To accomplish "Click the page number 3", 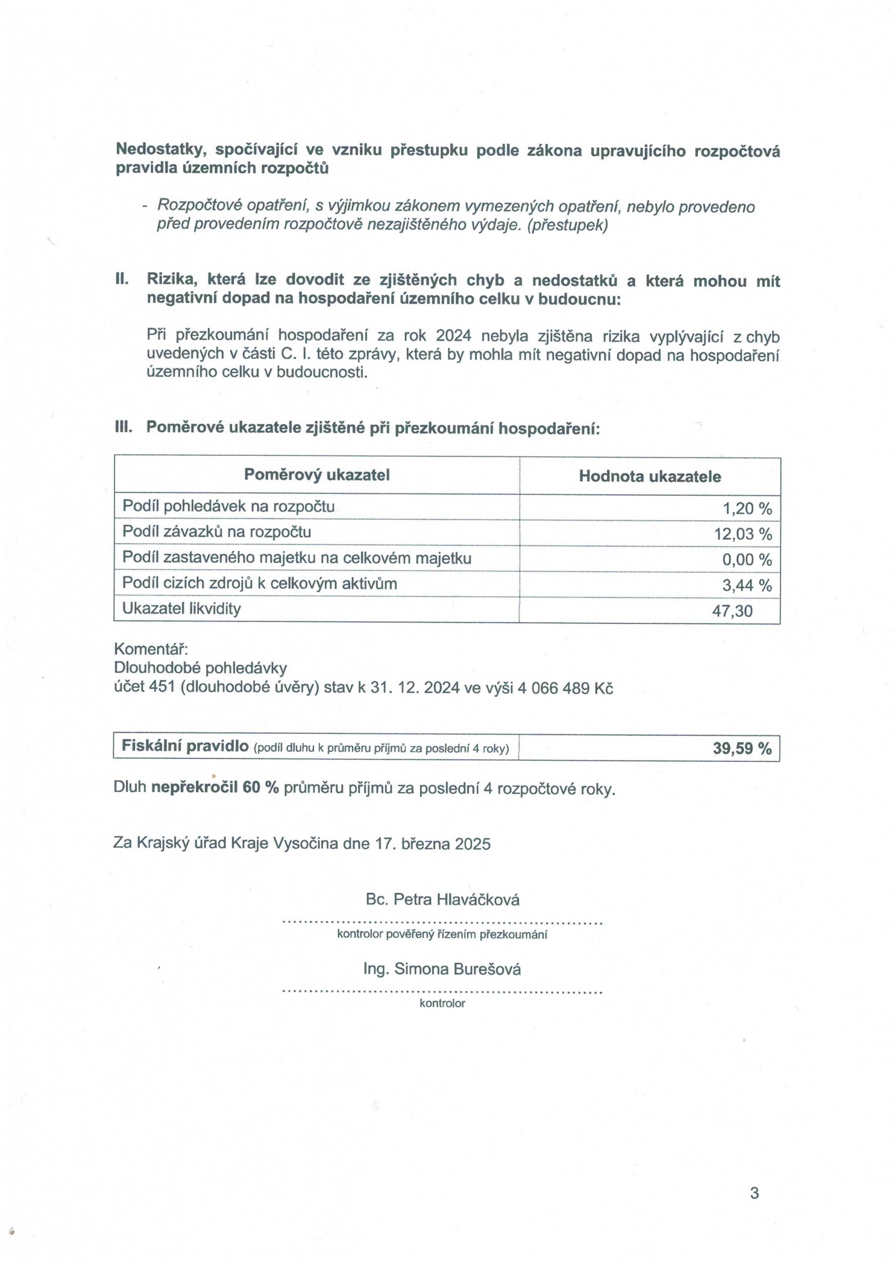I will point(754,1192).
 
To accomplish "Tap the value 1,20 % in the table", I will point(747,508).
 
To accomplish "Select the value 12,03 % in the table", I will point(743,534).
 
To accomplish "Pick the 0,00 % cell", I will point(747,559).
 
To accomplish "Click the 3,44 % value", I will point(747,585).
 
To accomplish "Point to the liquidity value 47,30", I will point(732,611).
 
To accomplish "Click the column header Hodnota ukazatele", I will point(650,476).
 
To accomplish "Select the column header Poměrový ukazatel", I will point(316,475).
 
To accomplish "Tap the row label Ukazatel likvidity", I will point(181,609).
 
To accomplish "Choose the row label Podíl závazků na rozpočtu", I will point(217,532).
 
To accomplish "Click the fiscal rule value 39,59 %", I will point(742,748).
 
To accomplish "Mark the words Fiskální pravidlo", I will point(185,746).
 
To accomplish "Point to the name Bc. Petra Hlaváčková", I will point(442,899).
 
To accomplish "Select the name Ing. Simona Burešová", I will point(442,969).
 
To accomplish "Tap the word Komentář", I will point(151,649).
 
